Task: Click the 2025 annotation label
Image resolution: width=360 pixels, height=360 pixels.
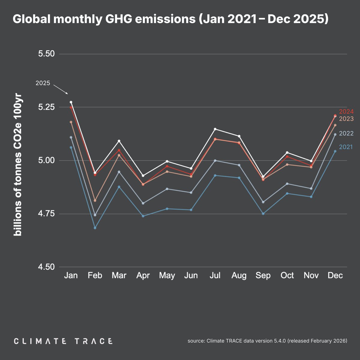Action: [43, 83]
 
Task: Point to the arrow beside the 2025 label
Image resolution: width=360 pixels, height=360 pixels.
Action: [61, 89]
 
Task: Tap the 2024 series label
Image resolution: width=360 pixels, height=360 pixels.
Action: [346, 112]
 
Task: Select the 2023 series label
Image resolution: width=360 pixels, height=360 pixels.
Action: [346, 119]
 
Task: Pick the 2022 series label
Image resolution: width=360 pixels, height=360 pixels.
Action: [346, 133]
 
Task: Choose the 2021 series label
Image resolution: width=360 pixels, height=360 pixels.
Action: [346, 147]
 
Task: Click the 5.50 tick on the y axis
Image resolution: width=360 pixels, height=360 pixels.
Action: [46, 54]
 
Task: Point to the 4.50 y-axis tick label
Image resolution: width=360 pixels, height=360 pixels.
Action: [46, 267]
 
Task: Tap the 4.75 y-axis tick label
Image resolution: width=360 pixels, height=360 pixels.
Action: [46, 214]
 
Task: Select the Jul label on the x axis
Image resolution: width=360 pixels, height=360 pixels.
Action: [215, 275]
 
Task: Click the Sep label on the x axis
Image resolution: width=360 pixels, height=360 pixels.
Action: [263, 275]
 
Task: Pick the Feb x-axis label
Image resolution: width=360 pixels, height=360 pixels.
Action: [95, 275]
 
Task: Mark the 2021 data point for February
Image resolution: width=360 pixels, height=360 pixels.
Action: [95, 228]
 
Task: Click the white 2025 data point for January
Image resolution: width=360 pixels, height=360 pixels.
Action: [71, 102]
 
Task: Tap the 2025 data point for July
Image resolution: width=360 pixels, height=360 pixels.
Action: [215, 129]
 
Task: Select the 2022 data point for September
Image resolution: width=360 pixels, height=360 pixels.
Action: [263, 202]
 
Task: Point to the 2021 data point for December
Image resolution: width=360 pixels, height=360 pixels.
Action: [335, 151]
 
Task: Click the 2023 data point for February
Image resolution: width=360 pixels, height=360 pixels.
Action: [95, 200]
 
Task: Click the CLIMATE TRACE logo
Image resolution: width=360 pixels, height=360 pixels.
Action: [63, 341]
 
